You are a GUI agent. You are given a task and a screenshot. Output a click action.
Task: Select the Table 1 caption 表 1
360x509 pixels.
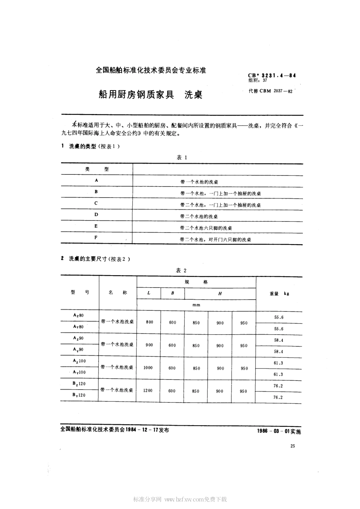point(182,157)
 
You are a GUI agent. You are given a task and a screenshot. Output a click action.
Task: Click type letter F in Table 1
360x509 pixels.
point(96,237)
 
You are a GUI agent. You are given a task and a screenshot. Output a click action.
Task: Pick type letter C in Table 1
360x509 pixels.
point(96,203)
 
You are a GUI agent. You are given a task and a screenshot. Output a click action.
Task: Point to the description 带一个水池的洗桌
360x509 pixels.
point(199,182)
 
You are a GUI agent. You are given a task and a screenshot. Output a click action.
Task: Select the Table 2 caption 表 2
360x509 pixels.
point(182,270)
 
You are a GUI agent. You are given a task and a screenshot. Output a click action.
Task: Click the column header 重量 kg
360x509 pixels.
point(279,294)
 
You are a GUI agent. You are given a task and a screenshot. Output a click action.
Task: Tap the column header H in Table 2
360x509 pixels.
point(220,294)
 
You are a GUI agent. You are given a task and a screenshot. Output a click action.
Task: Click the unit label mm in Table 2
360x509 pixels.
point(196,305)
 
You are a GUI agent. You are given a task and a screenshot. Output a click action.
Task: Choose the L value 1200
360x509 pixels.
point(148,390)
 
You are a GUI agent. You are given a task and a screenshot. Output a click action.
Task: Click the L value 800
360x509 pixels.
point(149,322)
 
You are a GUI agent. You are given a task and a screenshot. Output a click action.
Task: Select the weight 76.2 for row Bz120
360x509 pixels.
point(278,386)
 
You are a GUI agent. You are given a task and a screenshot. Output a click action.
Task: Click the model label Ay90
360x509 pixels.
point(78,349)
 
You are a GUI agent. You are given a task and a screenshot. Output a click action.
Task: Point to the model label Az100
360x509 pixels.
point(79,361)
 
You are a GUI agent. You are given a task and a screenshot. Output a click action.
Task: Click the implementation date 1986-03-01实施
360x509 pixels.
point(278,431)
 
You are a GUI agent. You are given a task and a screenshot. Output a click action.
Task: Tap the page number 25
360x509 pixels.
point(292,446)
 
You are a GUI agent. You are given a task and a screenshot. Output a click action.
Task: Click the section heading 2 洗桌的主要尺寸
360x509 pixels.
point(95,259)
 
